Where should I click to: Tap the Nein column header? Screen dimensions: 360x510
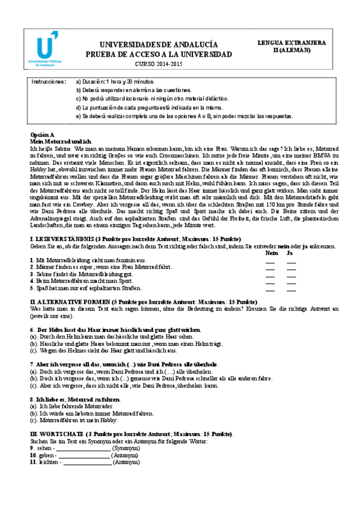point(272,253)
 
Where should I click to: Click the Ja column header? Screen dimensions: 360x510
point(290,253)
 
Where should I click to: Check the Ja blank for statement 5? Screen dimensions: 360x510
point(291,288)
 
